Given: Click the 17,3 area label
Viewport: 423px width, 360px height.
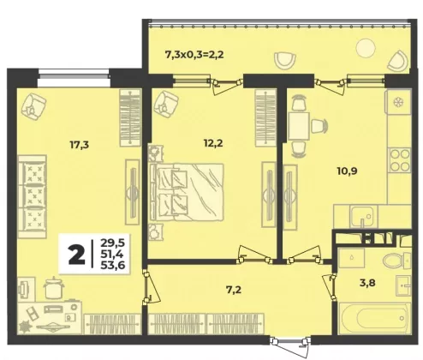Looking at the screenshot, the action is [x=80, y=145].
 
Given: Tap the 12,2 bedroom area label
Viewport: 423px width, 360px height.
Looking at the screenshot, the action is [x=213, y=143].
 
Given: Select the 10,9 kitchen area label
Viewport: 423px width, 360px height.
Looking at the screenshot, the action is [x=347, y=171].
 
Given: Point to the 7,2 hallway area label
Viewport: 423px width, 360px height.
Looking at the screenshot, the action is [x=234, y=290].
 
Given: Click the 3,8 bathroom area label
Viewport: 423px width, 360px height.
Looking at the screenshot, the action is [x=367, y=283].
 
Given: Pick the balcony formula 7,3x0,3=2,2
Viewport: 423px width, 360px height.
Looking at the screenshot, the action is [x=194, y=54].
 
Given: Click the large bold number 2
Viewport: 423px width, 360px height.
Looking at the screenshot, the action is [x=76, y=255].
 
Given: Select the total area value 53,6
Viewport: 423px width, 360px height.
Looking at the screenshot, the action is [x=113, y=266].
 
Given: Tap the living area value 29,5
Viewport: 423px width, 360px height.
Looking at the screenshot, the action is [x=113, y=243].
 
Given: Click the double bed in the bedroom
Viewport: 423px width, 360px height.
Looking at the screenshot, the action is [x=186, y=192].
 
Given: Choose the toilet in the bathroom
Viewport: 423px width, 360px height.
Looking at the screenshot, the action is [x=396, y=261].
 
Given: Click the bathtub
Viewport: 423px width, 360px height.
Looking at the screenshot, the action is [x=374, y=318].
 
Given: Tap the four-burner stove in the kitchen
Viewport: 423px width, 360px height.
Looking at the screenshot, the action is [x=400, y=160].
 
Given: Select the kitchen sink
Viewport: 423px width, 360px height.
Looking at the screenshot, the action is [x=362, y=217].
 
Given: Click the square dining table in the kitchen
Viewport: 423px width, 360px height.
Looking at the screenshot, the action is [x=299, y=126].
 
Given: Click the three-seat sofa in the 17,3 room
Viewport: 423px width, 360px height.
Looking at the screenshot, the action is [x=32, y=196].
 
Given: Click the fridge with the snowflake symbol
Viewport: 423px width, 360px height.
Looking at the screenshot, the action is [x=397, y=102].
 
